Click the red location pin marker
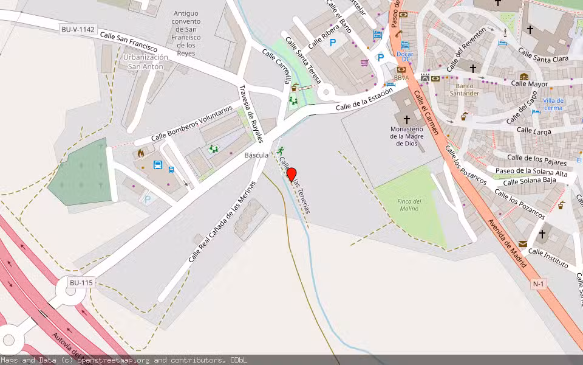click(x=291, y=175)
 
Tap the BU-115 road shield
click(x=81, y=283)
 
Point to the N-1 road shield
click(x=539, y=284)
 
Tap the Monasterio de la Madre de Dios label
click(x=406, y=136)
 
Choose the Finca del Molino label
click(x=409, y=205)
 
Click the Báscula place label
click(x=256, y=155)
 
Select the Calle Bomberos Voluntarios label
click(x=191, y=123)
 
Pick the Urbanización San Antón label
click(x=145, y=61)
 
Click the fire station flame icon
click(x=141, y=153)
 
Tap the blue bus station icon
click(x=158, y=165)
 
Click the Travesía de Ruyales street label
click(x=251, y=114)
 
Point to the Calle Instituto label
click(x=548, y=259)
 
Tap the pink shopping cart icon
click(x=364, y=63)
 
